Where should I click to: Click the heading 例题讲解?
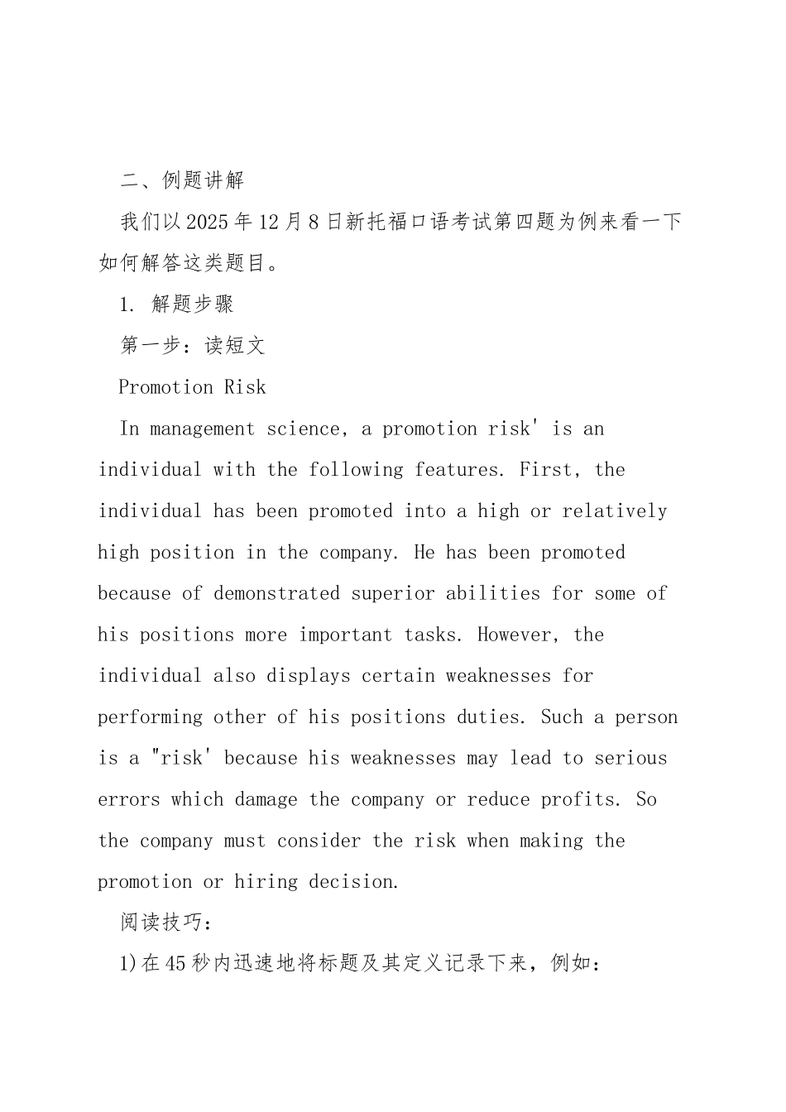tap(203, 180)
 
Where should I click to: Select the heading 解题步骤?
tap(193, 304)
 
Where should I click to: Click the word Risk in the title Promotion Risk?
tap(245, 387)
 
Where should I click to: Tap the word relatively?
tap(615, 511)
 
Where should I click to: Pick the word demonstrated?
tap(276, 593)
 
